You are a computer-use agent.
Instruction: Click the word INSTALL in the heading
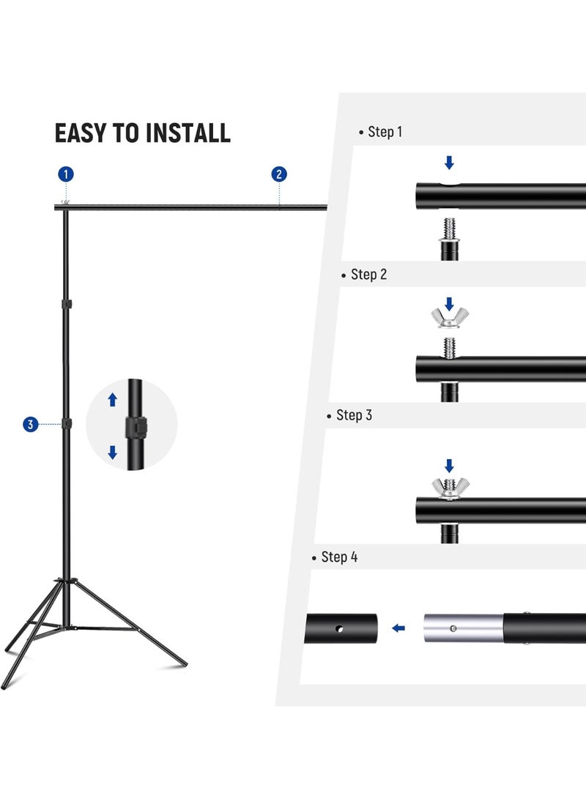click(x=188, y=133)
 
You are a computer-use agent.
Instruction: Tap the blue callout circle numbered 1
click(x=66, y=174)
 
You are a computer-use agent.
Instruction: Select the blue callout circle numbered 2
click(x=279, y=174)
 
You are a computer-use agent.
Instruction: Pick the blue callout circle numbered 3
click(x=30, y=424)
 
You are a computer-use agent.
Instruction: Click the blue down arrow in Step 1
click(x=449, y=163)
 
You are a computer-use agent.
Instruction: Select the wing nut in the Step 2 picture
click(x=449, y=319)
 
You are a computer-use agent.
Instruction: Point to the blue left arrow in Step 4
click(x=399, y=628)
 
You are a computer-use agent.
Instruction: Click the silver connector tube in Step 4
click(x=461, y=628)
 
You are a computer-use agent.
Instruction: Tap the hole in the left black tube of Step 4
click(x=338, y=628)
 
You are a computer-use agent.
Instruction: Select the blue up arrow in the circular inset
click(x=112, y=399)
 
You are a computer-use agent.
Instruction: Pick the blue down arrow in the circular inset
click(x=112, y=453)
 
